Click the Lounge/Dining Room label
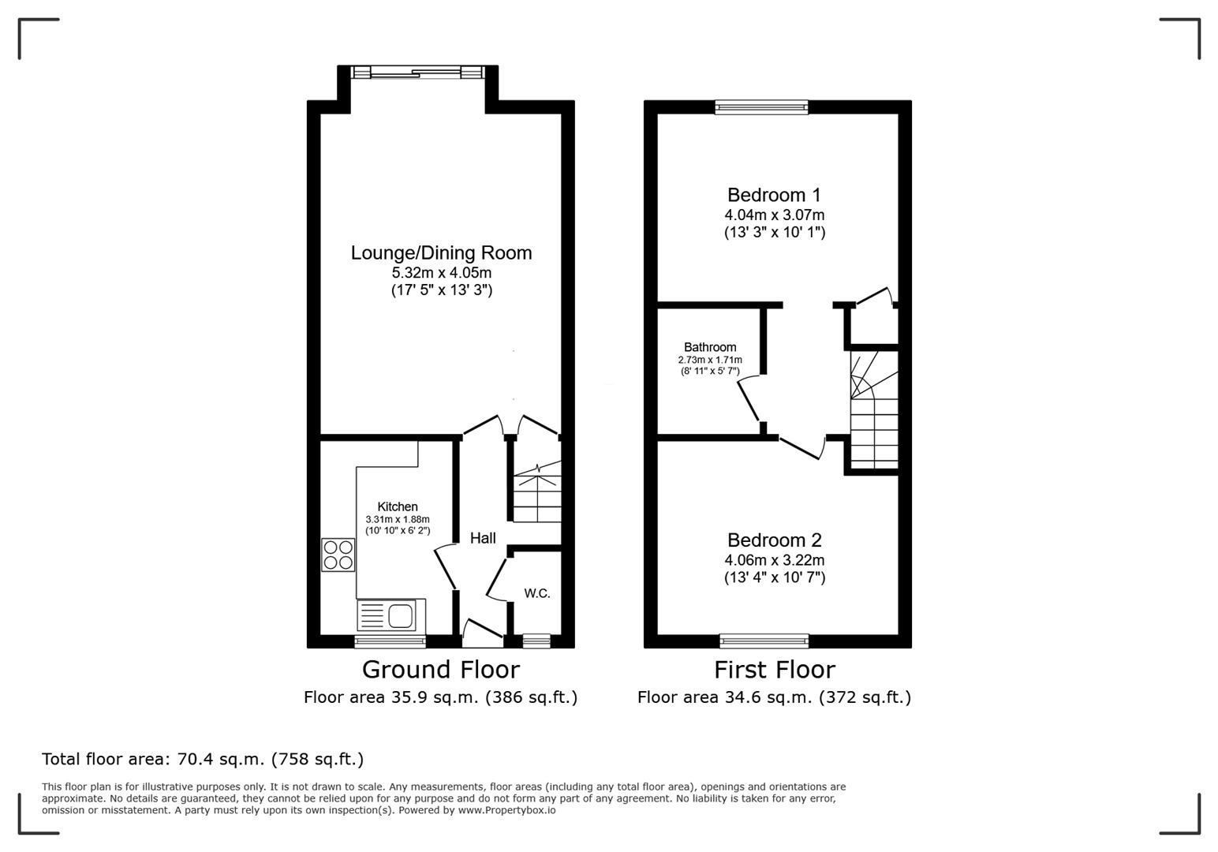pos(441,252)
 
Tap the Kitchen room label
pos(398,506)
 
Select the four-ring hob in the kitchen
pos(338,555)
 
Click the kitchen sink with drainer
pos(387,615)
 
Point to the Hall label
pos(483,538)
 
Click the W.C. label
pos(537,593)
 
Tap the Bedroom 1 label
pos(774,195)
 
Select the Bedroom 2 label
pos(774,540)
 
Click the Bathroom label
pos(710,347)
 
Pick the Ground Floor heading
pos(440,670)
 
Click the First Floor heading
pos(774,670)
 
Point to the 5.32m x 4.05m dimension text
pos(441,273)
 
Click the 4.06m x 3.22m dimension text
pos(774,560)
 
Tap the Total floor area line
pos(203,759)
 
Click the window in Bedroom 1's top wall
pos(761,107)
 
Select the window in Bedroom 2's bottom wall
pos(764,641)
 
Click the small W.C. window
pos(536,641)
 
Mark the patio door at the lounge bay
pos(417,73)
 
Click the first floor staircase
pos(874,410)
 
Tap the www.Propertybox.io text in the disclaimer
pos(506,810)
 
